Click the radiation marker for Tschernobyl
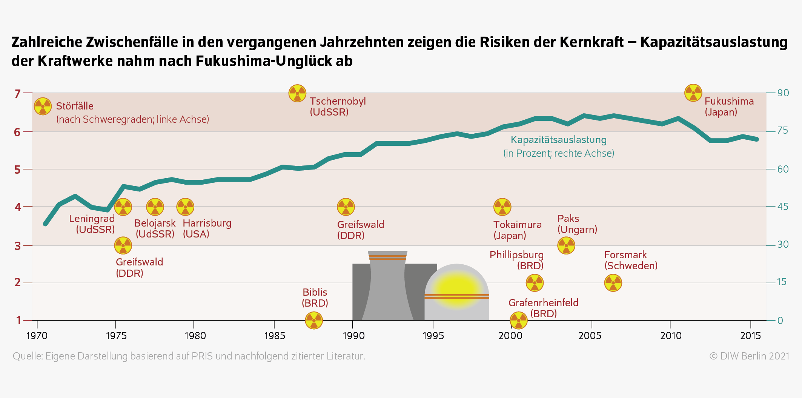click(297, 93)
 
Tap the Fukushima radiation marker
click(693, 93)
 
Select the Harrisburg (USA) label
click(207, 228)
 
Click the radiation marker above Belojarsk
click(155, 207)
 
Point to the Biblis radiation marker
click(314, 321)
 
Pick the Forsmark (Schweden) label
click(631, 260)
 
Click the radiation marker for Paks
click(566, 245)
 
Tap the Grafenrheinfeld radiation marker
click(519, 321)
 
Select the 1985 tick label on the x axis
click(275, 336)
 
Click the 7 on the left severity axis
click(17, 94)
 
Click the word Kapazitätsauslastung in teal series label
click(558, 140)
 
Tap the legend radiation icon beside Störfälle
click(43, 106)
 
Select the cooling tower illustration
click(388, 287)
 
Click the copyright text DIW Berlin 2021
click(749, 356)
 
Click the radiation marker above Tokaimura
click(502, 207)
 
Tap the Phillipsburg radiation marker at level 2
click(535, 283)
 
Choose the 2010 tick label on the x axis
click(671, 336)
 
